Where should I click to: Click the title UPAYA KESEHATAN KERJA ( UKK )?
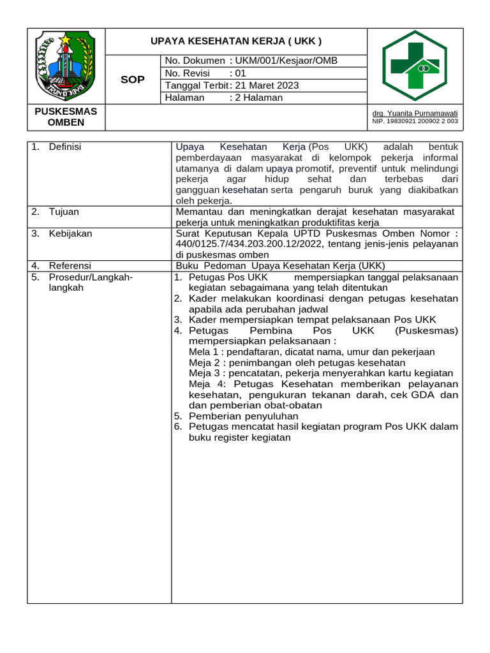click(x=236, y=41)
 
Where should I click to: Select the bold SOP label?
click(x=133, y=80)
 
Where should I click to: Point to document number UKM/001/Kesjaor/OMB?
click(x=286, y=61)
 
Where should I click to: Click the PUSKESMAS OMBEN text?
click(x=66, y=117)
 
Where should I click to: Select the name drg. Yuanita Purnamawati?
click(x=415, y=113)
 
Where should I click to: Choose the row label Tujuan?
click(x=63, y=211)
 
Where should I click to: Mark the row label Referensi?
click(x=70, y=265)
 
